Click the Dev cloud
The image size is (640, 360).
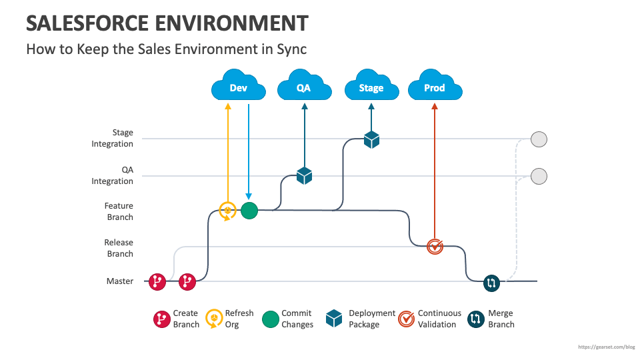click(x=238, y=87)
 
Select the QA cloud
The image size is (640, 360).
click(x=304, y=87)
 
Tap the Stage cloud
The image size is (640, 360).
click(x=371, y=87)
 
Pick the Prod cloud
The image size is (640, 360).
click(x=435, y=87)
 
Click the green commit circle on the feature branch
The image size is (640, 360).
click(x=249, y=211)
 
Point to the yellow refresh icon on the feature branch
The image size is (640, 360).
click(x=228, y=211)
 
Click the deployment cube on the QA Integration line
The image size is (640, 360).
click(x=305, y=175)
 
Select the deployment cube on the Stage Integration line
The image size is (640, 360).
click(x=371, y=139)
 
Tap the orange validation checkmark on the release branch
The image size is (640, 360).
click(x=435, y=247)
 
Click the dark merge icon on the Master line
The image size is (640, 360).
click(x=491, y=283)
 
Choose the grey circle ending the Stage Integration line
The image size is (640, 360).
click(x=539, y=139)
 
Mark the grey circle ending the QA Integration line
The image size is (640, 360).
click(x=539, y=176)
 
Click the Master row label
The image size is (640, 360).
click(x=120, y=281)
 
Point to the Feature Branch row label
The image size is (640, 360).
click(x=119, y=211)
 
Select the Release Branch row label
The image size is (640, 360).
click(x=119, y=248)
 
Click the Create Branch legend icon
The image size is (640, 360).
click(x=161, y=319)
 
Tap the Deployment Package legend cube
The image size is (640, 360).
click(x=334, y=319)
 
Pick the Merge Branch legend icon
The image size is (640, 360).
click(x=475, y=319)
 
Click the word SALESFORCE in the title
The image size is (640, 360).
click(x=87, y=23)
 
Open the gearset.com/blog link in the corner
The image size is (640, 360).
click(x=606, y=347)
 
